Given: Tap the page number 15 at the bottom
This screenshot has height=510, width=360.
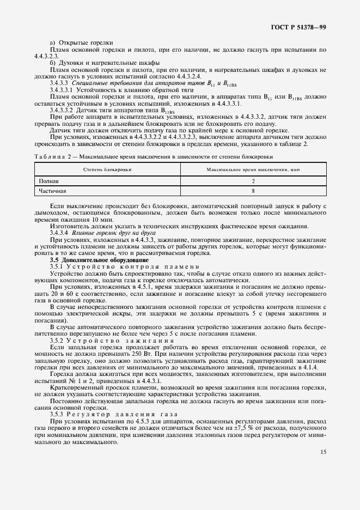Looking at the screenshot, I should click(x=323, y=451).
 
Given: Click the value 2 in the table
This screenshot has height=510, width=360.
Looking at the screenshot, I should click(x=253, y=181).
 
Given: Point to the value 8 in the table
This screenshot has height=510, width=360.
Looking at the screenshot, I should click(x=253, y=191).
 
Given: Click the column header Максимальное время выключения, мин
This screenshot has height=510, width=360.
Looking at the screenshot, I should click(x=253, y=170).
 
